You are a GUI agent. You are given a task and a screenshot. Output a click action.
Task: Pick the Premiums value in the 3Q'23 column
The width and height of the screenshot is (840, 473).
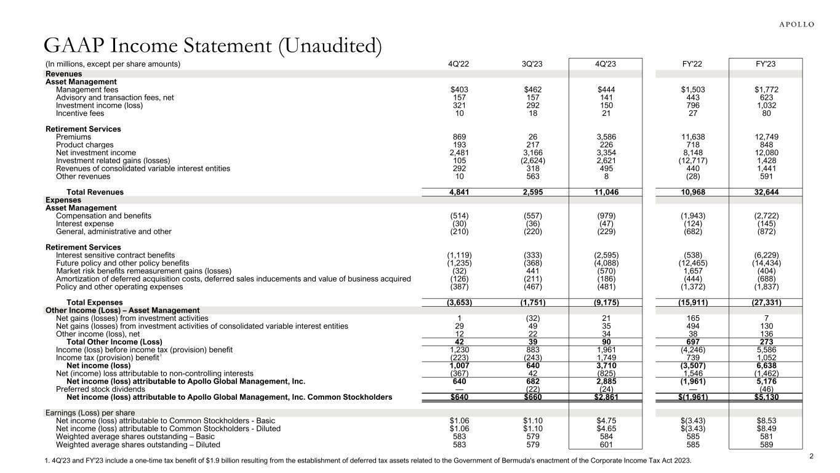[534, 137]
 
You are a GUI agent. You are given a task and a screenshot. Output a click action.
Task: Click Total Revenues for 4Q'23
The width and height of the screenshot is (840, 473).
[606, 192]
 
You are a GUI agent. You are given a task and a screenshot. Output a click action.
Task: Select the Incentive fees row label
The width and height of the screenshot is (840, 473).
[80, 113]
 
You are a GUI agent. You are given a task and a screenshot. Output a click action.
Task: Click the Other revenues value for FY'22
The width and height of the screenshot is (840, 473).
[692, 177]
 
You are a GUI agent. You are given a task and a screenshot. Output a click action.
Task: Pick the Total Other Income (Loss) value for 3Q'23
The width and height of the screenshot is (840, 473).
[534, 342]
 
